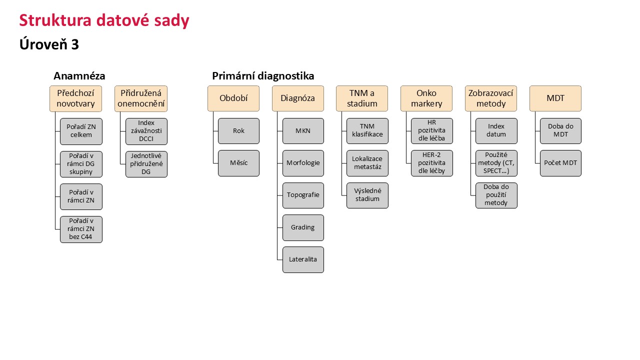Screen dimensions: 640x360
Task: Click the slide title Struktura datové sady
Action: pos(104,21)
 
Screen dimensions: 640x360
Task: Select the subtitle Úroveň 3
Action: pos(49,44)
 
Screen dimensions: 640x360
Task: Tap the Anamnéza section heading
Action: pos(79,76)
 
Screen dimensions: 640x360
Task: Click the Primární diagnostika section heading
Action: pos(263,76)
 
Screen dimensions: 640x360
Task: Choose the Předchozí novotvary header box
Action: pos(75,98)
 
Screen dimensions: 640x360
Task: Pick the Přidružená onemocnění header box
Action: pos(141,98)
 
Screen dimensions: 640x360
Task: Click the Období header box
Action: pos(233,98)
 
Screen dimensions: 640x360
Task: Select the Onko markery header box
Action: pos(426,98)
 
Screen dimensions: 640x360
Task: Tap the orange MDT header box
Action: pos(555,98)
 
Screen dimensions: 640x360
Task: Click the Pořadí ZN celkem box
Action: pos(81,131)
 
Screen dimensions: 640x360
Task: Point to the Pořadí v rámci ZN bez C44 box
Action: pos(81,229)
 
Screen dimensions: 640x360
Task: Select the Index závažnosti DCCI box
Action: pos(146,131)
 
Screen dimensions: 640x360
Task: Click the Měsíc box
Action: pos(239,163)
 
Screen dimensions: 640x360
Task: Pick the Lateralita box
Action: pos(303,259)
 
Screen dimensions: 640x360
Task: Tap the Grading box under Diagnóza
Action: pos(303,227)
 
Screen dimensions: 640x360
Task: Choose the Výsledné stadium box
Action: pos(367,195)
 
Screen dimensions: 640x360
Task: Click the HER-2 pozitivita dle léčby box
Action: pos(432,163)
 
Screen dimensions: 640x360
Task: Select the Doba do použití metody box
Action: pos(496,195)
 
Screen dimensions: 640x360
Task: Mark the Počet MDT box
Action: pos(561,163)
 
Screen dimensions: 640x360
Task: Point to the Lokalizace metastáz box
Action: pos(367,163)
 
